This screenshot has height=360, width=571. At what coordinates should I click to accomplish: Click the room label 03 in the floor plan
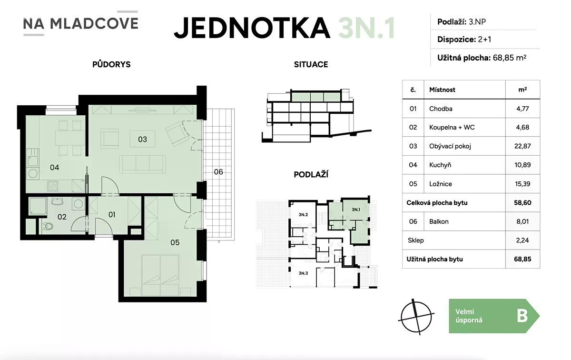pyautogui.click(x=142, y=140)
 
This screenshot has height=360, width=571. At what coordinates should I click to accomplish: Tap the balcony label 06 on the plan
pyautogui.click(x=218, y=172)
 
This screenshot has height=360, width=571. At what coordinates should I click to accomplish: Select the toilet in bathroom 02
pyautogui.click(x=48, y=226)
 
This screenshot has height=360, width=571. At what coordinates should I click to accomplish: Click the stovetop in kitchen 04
pyautogui.click(x=53, y=186)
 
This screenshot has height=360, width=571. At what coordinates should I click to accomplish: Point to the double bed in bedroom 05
pyautogui.click(x=160, y=275)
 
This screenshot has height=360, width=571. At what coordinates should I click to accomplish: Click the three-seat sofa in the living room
pyautogui.click(x=142, y=164)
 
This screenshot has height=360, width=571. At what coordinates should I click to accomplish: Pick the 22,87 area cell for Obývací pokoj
pyautogui.click(x=522, y=146)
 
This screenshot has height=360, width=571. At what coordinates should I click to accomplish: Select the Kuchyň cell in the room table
pyautogui.click(x=440, y=165)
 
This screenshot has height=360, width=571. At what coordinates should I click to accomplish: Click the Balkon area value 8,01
pyautogui.click(x=522, y=221)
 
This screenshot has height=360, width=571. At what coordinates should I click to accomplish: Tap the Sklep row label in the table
pyautogui.click(x=416, y=240)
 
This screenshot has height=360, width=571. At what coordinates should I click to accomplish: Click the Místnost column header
pyautogui.click(x=442, y=90)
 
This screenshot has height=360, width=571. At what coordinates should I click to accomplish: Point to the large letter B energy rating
pyautogui.click(x=522, y=316)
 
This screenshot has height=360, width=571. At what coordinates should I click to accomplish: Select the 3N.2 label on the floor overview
pyautogui.click(x=304, y=215)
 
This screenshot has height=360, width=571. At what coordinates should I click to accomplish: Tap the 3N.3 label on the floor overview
pyautogui.click(x=304, y=273)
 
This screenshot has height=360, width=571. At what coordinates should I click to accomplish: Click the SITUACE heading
pyautogui.click(x=311, y=65)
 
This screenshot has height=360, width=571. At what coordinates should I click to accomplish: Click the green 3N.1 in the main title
pyautogui.click(x=366, y=28)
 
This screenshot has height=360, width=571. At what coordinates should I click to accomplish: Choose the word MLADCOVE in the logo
pyautogui.click(x=94, y=23)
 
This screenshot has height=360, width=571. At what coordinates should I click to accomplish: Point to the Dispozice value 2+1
pyautogui.click(x=484, y=40)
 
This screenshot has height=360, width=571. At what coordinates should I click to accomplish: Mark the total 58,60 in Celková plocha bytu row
pyautogui.click(x=522, y=203)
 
